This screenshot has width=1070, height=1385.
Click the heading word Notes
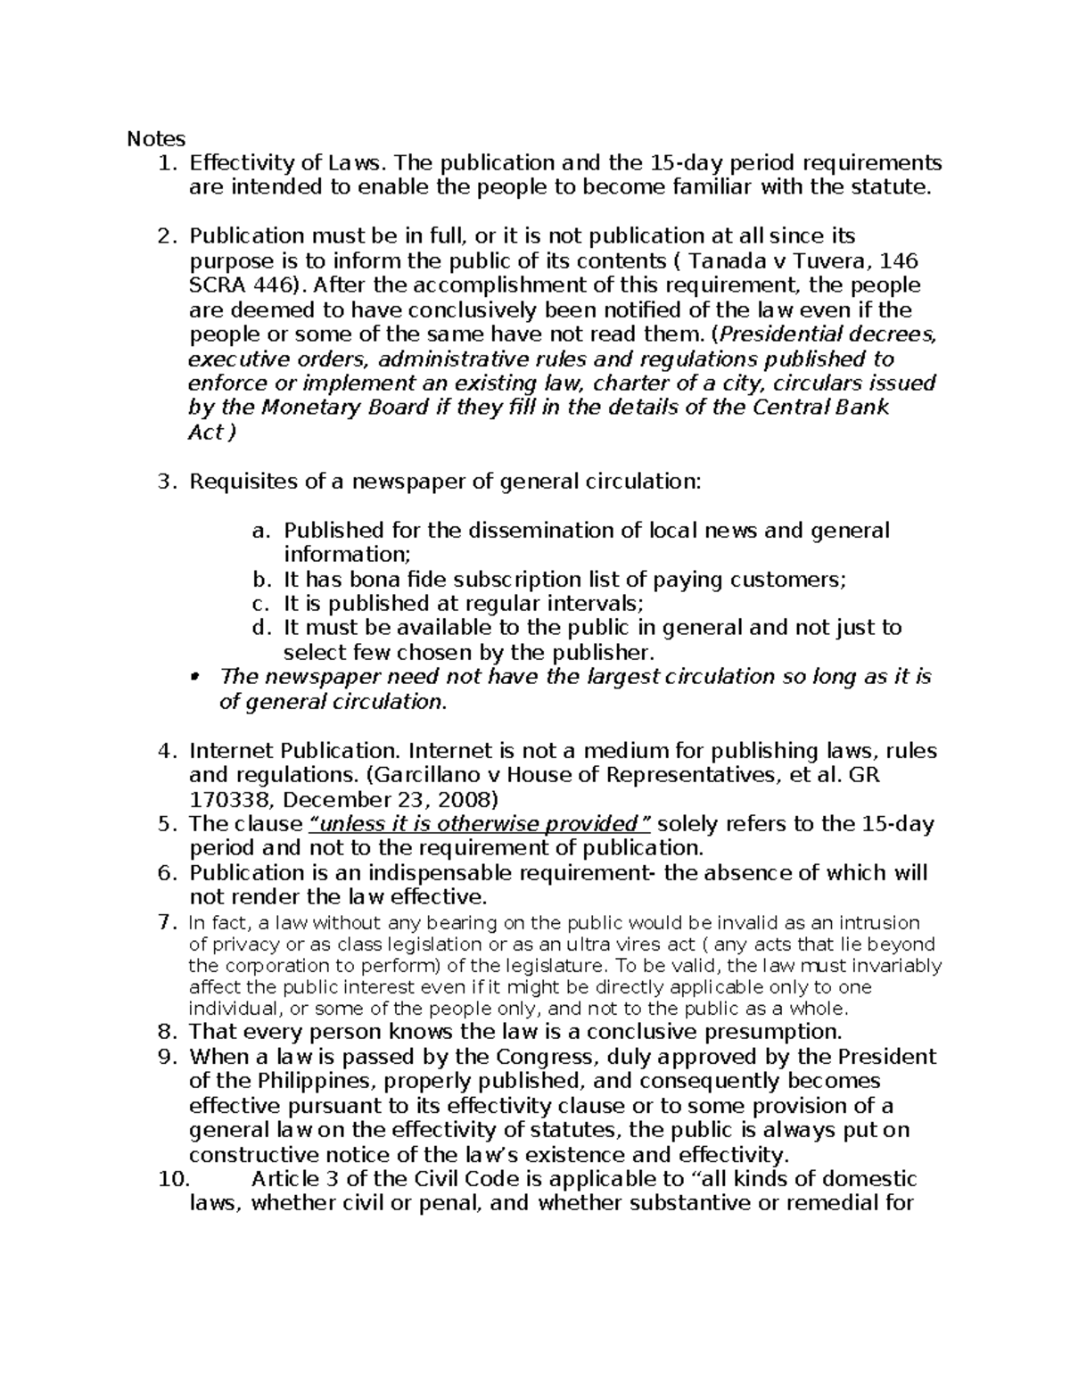[156, 138]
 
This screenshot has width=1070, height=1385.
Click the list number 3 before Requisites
[163, 482]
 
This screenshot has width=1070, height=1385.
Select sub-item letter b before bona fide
[259, 580]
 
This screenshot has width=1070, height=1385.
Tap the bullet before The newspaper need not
[195, 676]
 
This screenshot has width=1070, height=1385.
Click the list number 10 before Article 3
[173, 1179]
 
